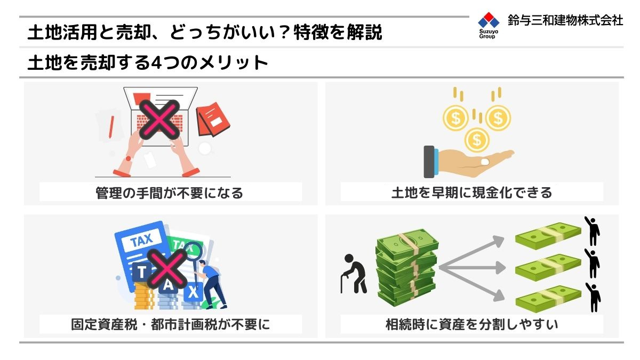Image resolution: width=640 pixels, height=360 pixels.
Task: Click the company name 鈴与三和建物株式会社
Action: tap(565, 21)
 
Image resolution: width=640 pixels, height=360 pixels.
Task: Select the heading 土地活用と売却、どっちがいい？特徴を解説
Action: tap(205, 33)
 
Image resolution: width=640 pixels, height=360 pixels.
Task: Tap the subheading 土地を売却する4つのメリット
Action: tap(148, 63)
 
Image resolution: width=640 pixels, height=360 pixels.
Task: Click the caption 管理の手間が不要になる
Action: tap(170, 193)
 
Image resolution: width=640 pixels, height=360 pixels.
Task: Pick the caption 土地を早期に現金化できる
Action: tap(471, 193)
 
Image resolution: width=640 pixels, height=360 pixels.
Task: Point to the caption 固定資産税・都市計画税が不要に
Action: tap(170, 324)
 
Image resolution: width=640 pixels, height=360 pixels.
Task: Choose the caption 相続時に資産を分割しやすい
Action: tap(471, 324)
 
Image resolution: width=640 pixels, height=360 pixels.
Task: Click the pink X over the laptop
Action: tap(158, 119)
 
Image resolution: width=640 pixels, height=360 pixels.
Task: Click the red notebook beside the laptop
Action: tap(213, 119)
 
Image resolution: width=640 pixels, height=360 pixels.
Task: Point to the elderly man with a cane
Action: tap(353, 273)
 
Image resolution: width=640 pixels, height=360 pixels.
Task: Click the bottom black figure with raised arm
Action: tap(592, 297)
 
